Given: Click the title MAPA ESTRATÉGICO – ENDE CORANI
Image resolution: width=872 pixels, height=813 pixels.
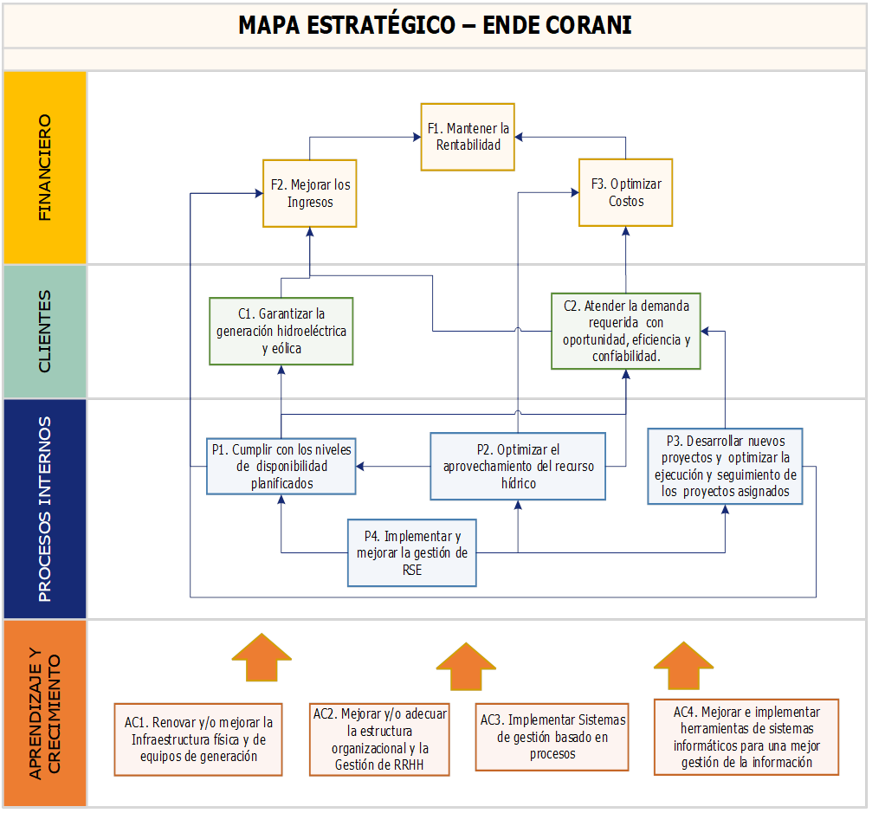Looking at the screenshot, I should (435, 25).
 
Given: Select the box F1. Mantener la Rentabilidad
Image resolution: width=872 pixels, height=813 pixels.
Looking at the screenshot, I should (468, 137).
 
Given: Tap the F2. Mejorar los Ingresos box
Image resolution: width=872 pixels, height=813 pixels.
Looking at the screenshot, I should (309, 193).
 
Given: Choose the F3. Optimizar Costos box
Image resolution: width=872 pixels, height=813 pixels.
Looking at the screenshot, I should (625, 192).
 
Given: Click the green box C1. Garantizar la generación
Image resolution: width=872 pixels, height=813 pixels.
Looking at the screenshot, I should (281, 331).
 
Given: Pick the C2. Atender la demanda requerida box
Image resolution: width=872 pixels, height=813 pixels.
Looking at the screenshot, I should (626, 331).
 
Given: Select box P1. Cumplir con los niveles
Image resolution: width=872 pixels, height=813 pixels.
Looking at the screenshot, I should (281, 466).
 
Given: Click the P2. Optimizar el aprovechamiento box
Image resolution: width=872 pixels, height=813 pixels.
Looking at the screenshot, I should (518, 466).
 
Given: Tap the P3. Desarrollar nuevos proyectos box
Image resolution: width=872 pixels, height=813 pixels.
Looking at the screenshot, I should (725, 466).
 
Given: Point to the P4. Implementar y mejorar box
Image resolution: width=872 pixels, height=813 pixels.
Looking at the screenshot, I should (411, 552).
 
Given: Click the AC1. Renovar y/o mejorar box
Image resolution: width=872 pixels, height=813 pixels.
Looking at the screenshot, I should (199, 738).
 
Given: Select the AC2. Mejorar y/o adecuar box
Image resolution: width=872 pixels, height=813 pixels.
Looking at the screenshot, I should (379, 739).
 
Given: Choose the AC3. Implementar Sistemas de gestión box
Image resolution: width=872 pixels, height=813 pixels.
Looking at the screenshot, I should (552, 736).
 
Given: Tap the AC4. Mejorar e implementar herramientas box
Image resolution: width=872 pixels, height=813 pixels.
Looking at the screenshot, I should (746, 736).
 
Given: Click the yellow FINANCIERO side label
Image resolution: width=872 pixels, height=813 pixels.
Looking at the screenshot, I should (45, 168).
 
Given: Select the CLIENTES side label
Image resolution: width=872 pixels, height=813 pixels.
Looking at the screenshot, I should (45, 332).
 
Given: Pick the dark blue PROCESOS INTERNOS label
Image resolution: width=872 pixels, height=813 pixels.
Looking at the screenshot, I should (45, 508).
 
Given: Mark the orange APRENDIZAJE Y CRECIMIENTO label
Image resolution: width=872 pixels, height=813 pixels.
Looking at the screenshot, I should (45, 713).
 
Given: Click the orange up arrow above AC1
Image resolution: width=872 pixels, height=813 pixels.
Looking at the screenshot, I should (263, 658).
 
